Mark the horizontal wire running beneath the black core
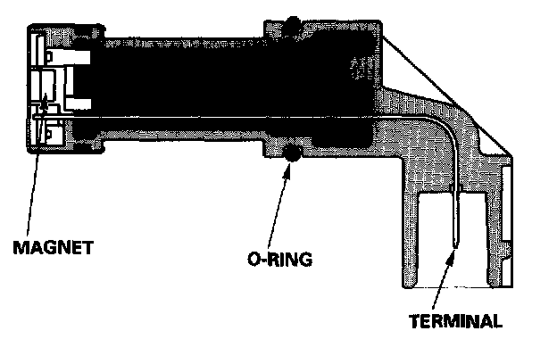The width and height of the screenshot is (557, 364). click(x=223, y=120)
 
